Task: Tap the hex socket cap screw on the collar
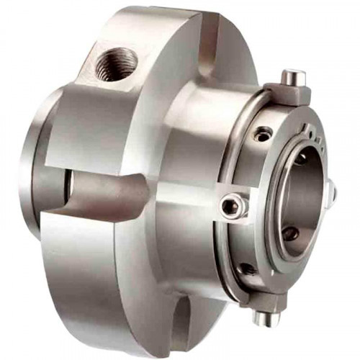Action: [x=233, y=207]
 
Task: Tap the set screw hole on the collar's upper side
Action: [x=264, y=132]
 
